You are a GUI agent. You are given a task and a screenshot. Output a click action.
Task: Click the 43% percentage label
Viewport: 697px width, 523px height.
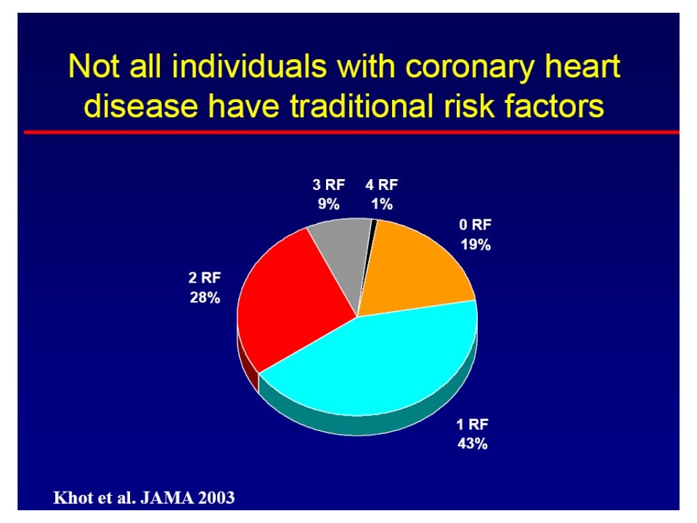pos(472,445)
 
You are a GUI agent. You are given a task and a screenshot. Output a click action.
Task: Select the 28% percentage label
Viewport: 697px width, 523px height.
pos(204,298)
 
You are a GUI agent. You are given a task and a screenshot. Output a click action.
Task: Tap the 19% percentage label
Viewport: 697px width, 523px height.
pos(475,245)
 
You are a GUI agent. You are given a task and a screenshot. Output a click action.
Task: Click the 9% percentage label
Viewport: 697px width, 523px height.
pos(329,204)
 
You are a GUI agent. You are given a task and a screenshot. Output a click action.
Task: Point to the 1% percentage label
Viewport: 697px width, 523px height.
pos(381,204)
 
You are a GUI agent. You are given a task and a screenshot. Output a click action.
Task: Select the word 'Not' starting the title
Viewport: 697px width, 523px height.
pos(96,68)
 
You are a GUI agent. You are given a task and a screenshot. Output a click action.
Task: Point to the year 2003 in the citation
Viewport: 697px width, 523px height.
pos(215,498)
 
